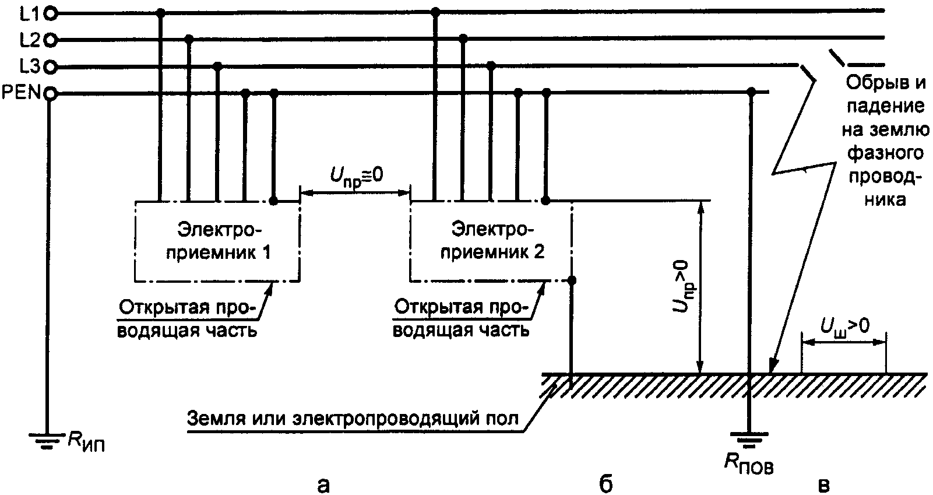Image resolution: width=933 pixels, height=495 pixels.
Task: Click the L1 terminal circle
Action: pyautogui.click(x=51, y=12)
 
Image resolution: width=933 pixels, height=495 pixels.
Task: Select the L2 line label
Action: pyautogui.click(x=29, y=40)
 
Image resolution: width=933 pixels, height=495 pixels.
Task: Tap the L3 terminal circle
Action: pyautogui.click(x=51, y=67)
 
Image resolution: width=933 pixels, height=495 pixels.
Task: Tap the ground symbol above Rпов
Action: pyautogui.click(x=751, y=438)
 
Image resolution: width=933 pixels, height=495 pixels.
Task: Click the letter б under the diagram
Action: pyautogui.click(x=606, y=483)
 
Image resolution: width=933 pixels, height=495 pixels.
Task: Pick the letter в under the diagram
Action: pyautogui.click(x=823, y=484)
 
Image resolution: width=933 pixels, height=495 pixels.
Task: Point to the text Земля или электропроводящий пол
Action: pyautogui.click(x=352, y=419)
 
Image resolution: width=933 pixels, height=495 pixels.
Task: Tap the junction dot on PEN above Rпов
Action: pyautogui.click(x=752, y=92)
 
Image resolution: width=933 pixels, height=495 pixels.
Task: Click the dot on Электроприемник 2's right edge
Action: pyautogui.click(x=572, y=280)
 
